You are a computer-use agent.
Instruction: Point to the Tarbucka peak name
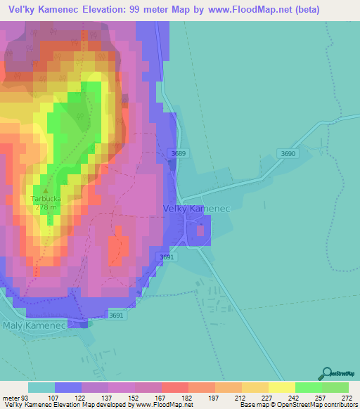pyautogui.click(x=46, y=199)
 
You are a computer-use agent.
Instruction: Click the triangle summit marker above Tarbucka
pyautogui.click(x=46, y=190)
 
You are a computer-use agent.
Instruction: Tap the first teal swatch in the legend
pyautogui.click(x=41, y=387)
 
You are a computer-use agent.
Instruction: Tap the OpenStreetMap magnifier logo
pyautogui.click(x=325, y=374)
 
